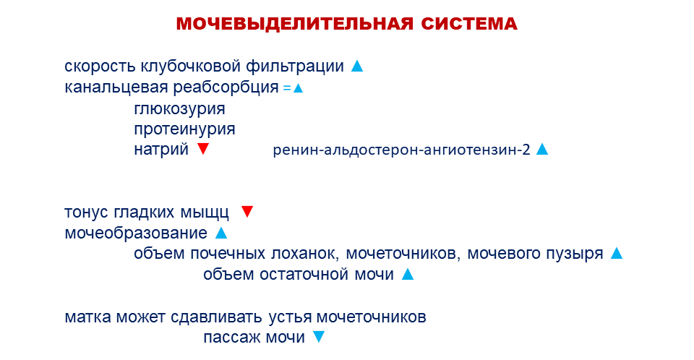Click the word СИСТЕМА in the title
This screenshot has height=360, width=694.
[468, 23]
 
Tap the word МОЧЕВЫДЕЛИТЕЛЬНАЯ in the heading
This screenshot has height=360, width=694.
[294, 23]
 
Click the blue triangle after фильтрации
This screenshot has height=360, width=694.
[357, 66]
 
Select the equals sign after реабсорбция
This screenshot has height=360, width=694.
[287, 88]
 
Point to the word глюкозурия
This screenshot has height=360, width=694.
[180, 109]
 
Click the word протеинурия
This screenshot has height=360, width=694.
[184, 129]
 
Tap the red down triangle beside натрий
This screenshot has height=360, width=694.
[203, 149]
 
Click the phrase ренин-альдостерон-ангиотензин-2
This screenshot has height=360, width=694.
[401, 150]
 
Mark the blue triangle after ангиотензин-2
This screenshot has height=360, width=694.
[542, 149]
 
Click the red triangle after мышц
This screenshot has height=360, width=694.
[247, 212]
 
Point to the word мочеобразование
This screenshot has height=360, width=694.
[136, 233]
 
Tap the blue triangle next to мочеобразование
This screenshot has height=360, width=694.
[221, 233]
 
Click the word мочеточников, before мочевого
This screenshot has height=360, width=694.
[403, 254]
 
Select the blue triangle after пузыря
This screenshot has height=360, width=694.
[617, 253]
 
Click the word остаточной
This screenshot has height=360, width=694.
[304, 275]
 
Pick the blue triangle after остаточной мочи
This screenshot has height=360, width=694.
[408, 275]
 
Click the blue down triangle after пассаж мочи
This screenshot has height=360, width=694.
[319, 337]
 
